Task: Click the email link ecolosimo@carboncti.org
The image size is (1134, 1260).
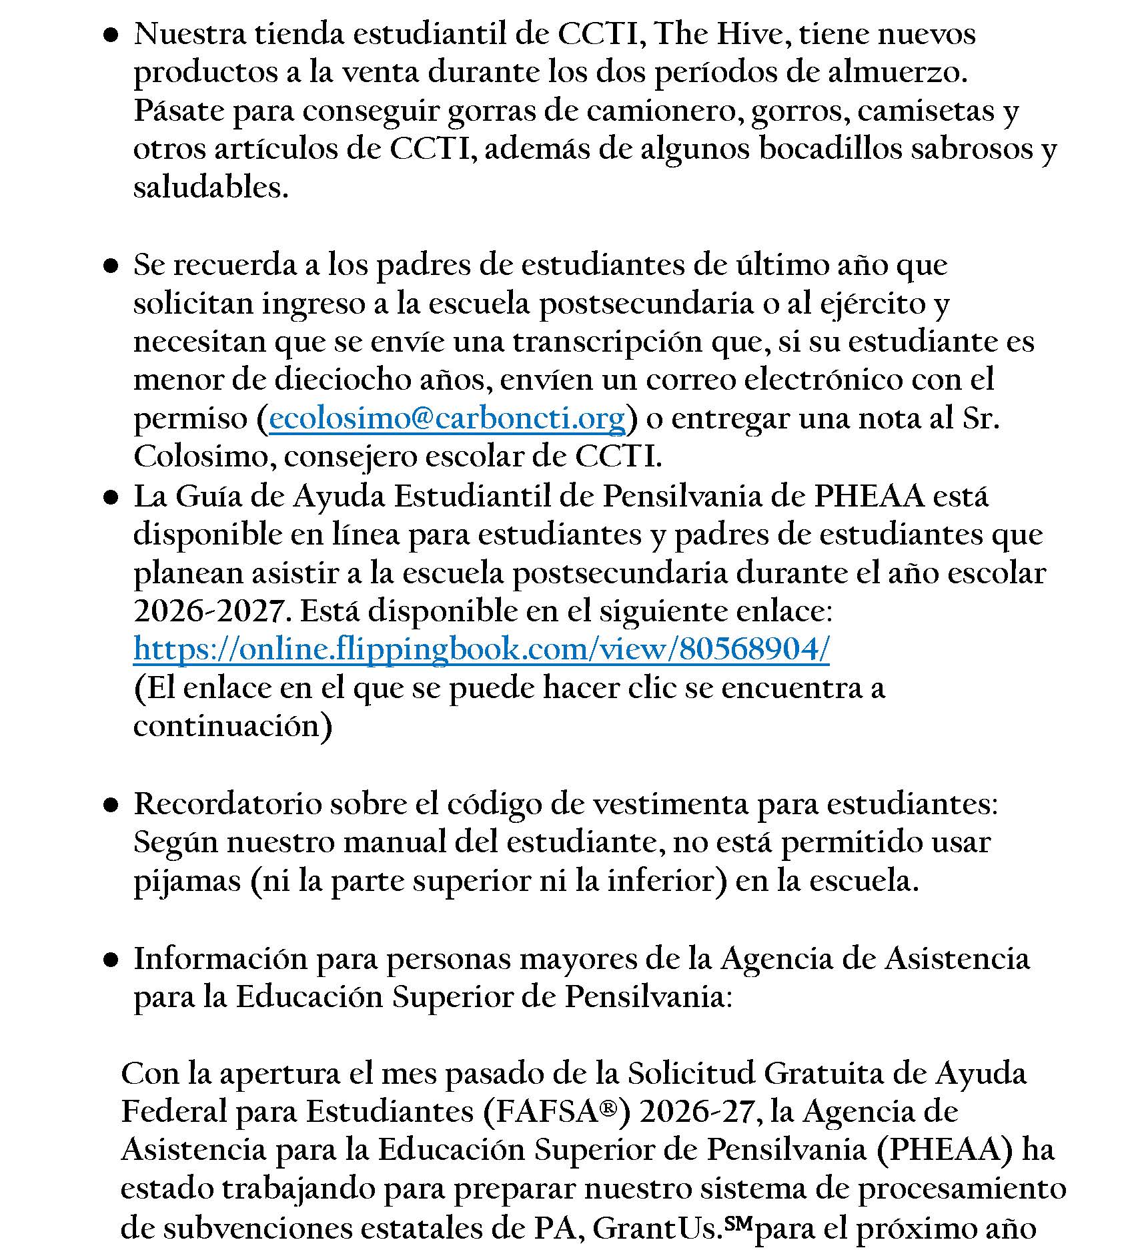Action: coord(447,418)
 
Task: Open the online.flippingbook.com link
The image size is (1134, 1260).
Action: coord(482,649)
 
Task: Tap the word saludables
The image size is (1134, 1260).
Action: coord(211,187)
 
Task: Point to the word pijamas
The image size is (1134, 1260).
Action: coord(187,881)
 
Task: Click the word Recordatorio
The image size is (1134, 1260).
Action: coord(227,804)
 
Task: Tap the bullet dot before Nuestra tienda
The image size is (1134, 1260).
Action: coord(111,36)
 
